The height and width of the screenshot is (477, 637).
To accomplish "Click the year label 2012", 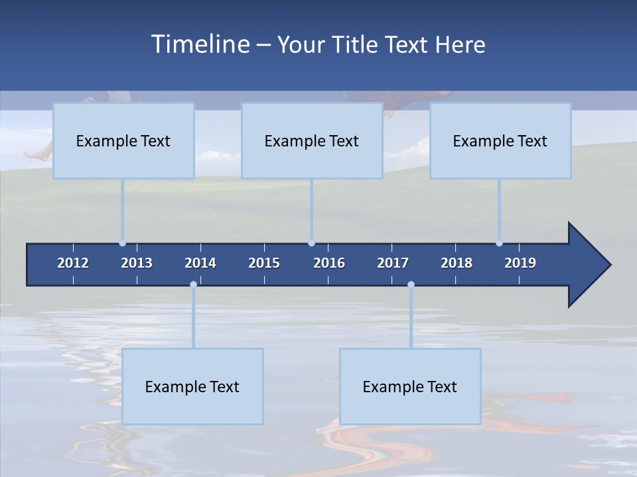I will coord(73,263).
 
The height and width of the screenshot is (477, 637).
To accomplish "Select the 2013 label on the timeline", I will coord(137,263).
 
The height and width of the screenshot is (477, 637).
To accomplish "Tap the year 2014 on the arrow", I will coord(200,263).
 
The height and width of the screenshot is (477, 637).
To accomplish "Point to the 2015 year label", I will coord(264,263).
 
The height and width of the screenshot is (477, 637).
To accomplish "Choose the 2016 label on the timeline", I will coord(329,263).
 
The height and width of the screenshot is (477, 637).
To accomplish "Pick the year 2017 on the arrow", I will coord(393,263).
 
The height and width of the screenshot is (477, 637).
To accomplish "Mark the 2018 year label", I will coord(457,263).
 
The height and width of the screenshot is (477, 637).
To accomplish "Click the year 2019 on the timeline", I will coord(520,263).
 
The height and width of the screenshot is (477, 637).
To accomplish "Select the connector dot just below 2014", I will coord(193,285).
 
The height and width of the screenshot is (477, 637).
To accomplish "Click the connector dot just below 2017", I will coord(411,285).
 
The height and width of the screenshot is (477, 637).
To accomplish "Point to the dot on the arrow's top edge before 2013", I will coord(122,243).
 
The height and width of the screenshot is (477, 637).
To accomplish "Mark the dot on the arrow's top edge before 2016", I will coord(311,243).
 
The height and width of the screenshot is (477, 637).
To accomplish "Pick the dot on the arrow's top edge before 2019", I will coord(499,243).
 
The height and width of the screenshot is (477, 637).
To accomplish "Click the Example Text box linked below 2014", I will coord(192,386).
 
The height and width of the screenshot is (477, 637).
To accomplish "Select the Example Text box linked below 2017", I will coord(410,386).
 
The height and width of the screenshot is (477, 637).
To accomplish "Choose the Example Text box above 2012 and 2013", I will coord(123,140).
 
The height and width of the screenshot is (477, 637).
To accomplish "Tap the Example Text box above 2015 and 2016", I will coord(312,140).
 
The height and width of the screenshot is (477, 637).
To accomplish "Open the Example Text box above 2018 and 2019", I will coord(500,140).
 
